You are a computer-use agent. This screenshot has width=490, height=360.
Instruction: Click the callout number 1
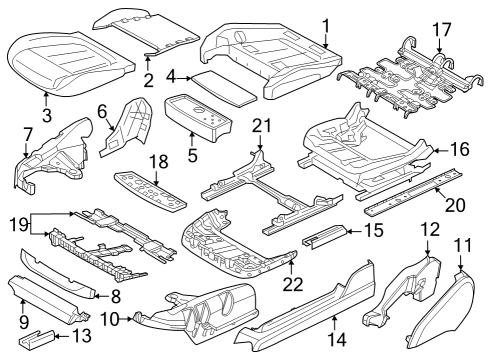point(325,24)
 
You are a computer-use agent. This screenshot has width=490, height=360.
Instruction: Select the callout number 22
point(293,284)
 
